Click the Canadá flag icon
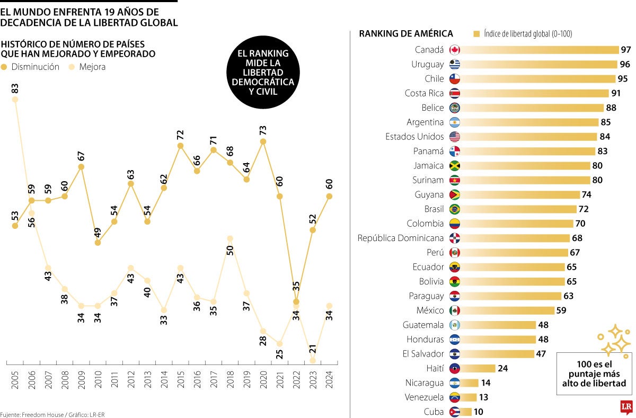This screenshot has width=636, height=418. (454, 50)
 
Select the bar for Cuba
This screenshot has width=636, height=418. (466, 412)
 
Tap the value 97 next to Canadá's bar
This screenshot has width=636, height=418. (626, 50)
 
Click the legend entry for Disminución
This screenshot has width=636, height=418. (30, 67)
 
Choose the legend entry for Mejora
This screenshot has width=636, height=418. (87, 67)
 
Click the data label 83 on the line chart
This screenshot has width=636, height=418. (15, 88)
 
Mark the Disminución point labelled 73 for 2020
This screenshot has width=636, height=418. (263, 141)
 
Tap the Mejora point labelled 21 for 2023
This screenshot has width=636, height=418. (312, 360)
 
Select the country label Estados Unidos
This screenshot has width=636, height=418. (414, 137)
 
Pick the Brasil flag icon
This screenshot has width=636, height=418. (454, 209)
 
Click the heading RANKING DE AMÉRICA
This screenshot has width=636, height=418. (406, 34)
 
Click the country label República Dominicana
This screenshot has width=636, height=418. (401, 238)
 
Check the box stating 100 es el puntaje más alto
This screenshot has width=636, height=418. (594, 373)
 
